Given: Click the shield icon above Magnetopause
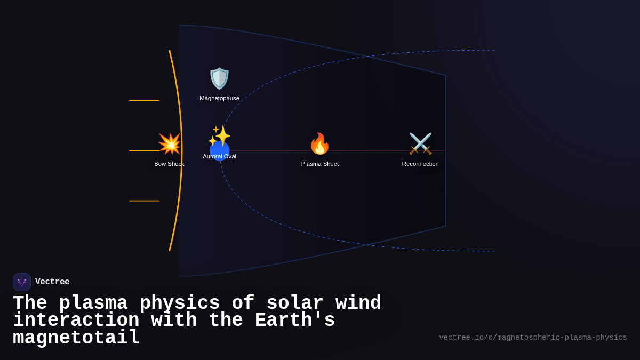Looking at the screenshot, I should tap(219, 78).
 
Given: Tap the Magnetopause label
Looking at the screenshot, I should tap(219, 98).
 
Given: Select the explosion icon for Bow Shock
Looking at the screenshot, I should tap(169, 143).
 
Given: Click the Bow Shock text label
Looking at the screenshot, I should tap(169, 164).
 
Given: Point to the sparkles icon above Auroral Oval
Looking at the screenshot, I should tap(219, 135).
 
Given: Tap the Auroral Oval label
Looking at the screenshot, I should tap(219, 156).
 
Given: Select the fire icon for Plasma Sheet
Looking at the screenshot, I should tap(319, 143).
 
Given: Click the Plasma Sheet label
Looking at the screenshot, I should tap(319, 164).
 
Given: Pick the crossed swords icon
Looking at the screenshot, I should tap(420, 143).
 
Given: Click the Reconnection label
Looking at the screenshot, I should tap(420, 164).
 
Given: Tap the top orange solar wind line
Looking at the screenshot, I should tap(144, 100).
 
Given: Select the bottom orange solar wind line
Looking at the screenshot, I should tap(144, 201).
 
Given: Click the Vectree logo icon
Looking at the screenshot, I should tap(22, 282).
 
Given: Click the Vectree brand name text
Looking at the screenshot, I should tap(52, 282).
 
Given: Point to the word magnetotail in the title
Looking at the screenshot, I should tap(76, 338).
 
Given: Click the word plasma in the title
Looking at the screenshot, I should tap(93, 303).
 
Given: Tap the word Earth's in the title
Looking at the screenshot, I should tap(295, 321).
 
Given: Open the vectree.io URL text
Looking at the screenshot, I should tap(533, 338).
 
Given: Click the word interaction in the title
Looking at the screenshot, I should tap(76, 321).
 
